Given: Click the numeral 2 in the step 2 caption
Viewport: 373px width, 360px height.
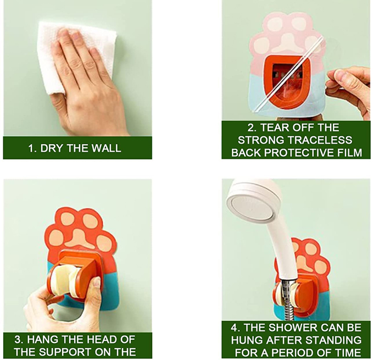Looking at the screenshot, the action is [250, 128].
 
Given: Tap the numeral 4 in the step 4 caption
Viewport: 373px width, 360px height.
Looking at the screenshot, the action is [235, 328].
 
